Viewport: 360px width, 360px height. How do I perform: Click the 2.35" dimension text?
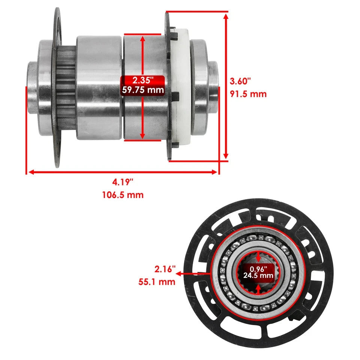[142, 80]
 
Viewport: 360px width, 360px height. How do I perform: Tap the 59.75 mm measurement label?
[142, 90]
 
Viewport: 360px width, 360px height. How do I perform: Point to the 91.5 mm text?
[247, 94]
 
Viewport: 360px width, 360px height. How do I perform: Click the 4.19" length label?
[123, 183]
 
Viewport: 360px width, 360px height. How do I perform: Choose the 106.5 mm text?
[123, 195]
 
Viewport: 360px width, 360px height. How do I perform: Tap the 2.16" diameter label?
[165, 269]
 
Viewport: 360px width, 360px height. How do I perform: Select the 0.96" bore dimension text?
[258, 269]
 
